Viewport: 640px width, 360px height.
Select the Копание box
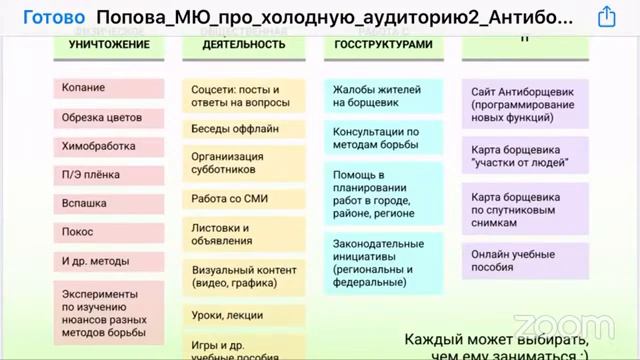[108, 89]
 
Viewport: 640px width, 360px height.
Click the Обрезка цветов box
[108, 117]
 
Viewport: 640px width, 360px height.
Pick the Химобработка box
[108, 145]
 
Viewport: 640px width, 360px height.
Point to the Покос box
[108, 232]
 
